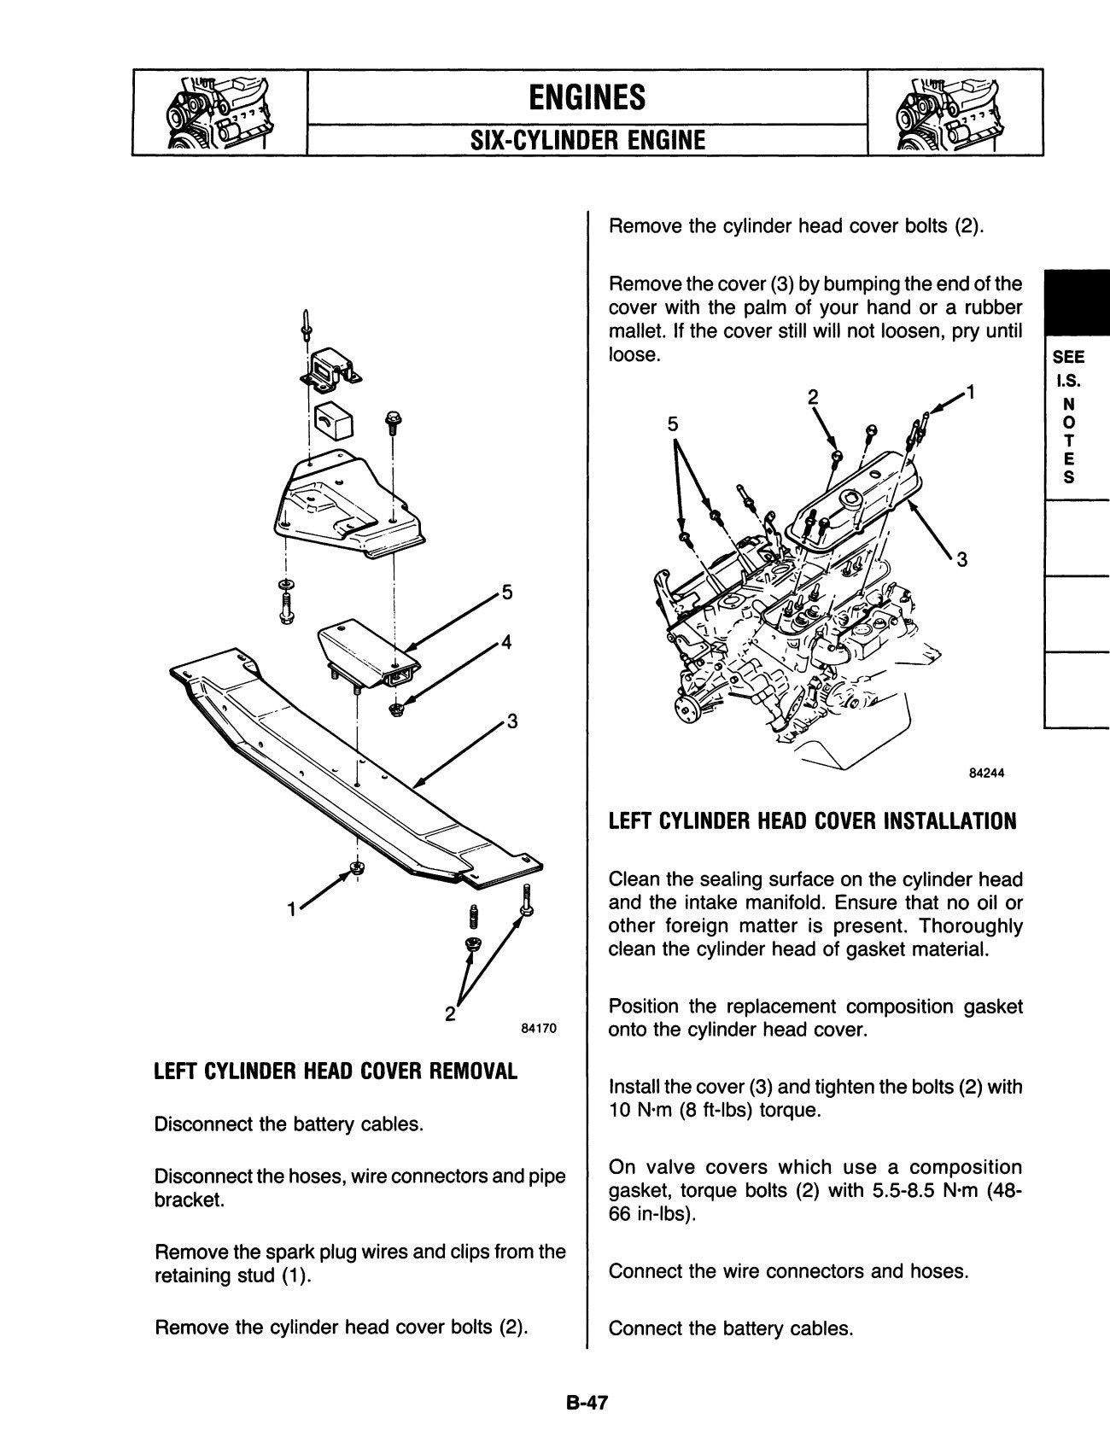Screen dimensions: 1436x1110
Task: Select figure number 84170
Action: pyautogui.click(x=538, y=1029)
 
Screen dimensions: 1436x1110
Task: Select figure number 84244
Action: pyautogui.click(x=986, y=773)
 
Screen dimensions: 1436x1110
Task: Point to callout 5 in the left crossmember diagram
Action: pyautogui.click(x=507, y=592)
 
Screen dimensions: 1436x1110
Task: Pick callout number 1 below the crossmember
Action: pyautogui.click(x=292, y=909)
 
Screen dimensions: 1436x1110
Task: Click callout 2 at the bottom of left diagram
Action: pyautogui.click(x=450, y=1013)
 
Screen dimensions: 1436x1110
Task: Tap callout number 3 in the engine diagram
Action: pyautogui.click(x=961, y=560)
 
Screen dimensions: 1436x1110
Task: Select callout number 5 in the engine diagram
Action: pyautogui.click(x=673, y=424)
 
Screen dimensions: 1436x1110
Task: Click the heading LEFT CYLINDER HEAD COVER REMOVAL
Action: pyautogui.click(x=336, y=1071)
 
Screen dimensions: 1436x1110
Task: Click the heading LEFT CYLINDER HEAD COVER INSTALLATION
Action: pyautogui.click(x=812, y=821)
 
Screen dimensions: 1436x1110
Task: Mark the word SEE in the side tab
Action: pyautogui.click(x=1071, y=359)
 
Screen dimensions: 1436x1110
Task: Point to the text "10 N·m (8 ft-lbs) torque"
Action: pyautogui.click(x=714, y=1111)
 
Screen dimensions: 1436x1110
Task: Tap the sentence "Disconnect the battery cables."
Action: pyautogui.click(x=289, y=1124)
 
